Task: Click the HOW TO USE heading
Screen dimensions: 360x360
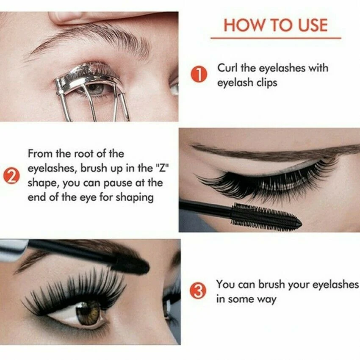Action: (x=275, y=25)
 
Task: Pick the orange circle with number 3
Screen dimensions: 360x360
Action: (x=199, y=292)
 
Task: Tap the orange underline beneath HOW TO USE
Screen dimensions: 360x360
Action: (x=275, y=39)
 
